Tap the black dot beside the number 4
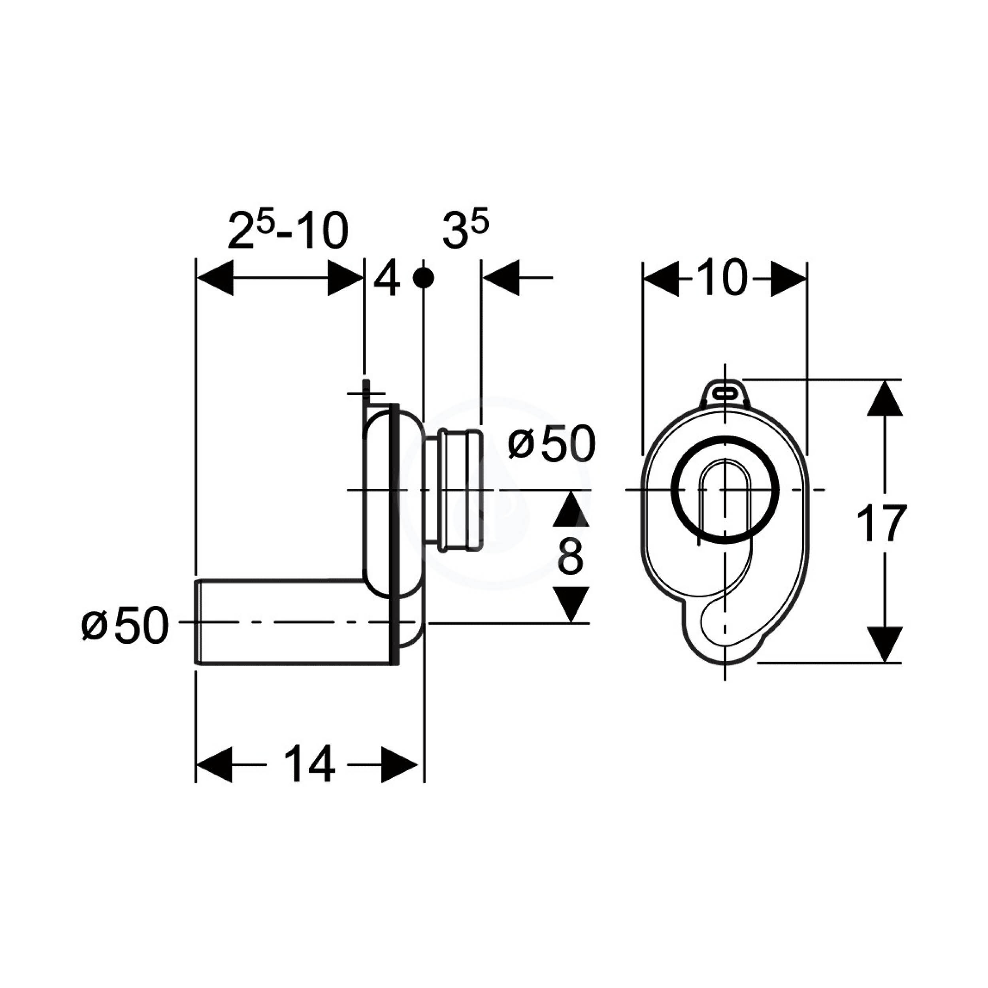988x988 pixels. (x=423, y=278)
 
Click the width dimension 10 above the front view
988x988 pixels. (x=725, y=279)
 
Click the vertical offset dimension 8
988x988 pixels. (x=571, y=556)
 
